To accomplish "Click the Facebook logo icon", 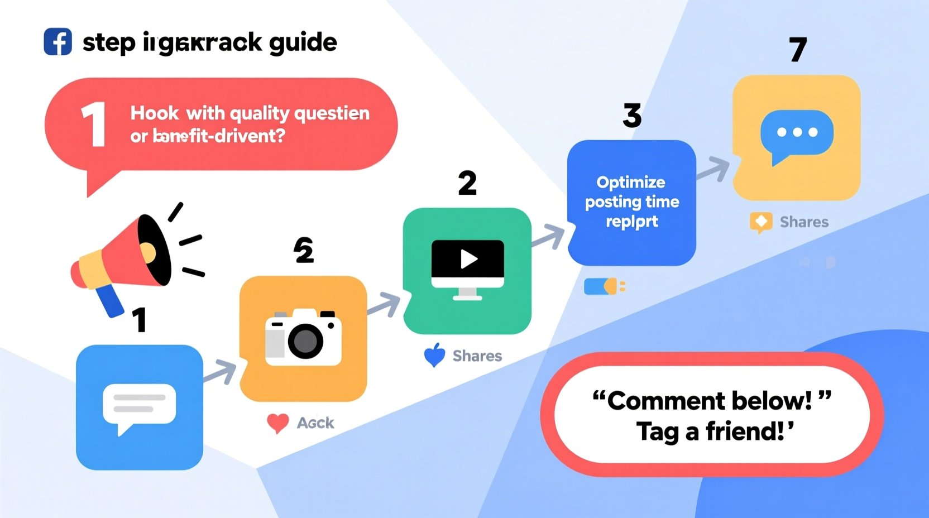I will pos(58,42).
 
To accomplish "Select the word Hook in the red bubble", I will pos(154,113).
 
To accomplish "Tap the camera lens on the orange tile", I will pos(305,340).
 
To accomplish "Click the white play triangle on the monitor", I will pos(468,259).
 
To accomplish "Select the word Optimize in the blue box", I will pos(631,183).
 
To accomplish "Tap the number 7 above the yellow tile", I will pos(798,50).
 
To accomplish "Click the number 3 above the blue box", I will pos(632,116).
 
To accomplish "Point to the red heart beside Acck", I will pos(277,423).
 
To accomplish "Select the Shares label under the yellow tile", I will pos(804,222).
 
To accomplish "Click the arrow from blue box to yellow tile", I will pos(714,169).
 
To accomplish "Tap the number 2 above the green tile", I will pos(467,183).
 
